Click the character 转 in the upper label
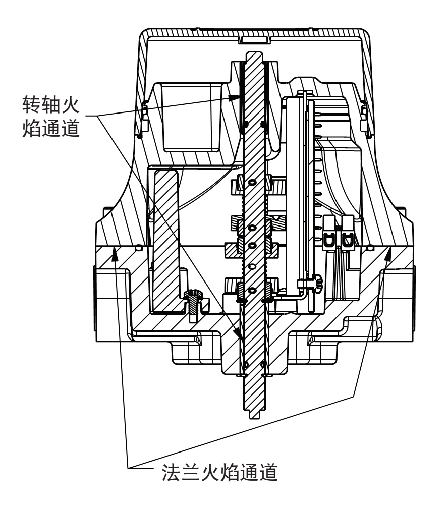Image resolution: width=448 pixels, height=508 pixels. pyautogui.click(x=32, y=104)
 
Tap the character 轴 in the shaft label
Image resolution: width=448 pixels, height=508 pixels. pyautogui.click(x=51, y=104)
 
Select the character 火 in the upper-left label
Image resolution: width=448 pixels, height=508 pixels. pyautogui.click(x=70, y=104)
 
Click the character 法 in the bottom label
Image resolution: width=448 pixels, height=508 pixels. pyautogui.click(x=172, y=472)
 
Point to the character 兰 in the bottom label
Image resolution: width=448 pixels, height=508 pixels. pyautogui.click(x=191, y=472)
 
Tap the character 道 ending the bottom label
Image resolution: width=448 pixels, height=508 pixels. pyautogui.click(x=268, y=472)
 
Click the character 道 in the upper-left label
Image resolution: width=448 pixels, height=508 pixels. pyautogui.click(x=70, y=128)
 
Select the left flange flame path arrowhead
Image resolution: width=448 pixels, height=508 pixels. pyautogui.click(x=114, y=254)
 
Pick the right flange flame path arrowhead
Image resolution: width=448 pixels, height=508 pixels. pyautogui.click(x=387, y=254)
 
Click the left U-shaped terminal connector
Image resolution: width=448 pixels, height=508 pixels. pyautogui.click(x=330, y=234)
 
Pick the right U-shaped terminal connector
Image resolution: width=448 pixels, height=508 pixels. pyautogui.click(x=348, y=234)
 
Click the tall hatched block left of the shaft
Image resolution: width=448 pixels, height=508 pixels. pyautogui.click(x=166, y=241)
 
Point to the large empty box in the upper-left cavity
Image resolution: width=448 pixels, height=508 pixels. pyautogui.click(x=191, y=117)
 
